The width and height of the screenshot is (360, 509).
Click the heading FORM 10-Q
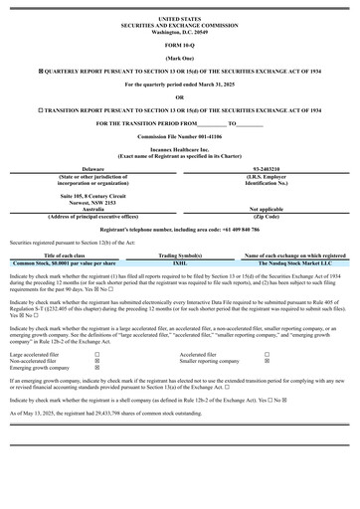point(180,46)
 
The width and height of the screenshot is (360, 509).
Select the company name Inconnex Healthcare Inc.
point(180,150)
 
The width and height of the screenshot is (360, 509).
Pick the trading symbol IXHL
point(180,263)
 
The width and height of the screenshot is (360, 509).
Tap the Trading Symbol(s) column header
point(180,255)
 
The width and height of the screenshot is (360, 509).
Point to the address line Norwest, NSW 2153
point(92,202)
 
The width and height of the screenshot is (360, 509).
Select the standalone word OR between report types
point(180,97)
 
